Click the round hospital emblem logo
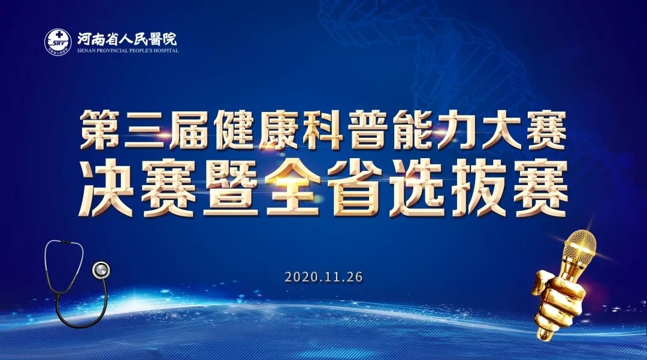point(58,42)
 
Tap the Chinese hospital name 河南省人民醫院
point(127,39)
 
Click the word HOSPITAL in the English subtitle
point(165,51)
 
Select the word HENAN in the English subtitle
point(86,51)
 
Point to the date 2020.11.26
point(324,277)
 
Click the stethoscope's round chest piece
point(101,270)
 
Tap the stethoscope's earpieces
point(64,242)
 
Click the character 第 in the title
point(100,129)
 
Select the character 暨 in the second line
point(231,188)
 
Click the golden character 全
point(293,188)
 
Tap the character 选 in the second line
point(418,188)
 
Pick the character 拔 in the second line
point(479,188)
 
